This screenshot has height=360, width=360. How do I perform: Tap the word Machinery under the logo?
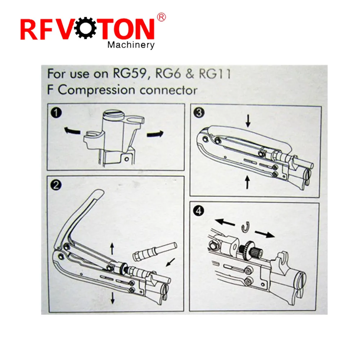coord(131,45)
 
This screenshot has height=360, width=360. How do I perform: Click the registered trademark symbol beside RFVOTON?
coord(161,17)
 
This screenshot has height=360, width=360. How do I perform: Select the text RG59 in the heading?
coord(130,74)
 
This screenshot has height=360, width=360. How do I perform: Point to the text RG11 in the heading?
coord(215,74)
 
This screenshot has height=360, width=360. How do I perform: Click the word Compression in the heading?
coord(96,90)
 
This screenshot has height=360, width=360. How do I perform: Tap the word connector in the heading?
coord(168,90)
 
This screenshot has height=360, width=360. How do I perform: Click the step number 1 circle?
coord(56,113)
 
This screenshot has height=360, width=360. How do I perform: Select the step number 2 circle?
coord(56,185)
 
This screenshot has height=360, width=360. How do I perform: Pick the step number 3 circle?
coord(199,112)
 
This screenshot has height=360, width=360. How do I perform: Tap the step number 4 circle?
coord(199,211)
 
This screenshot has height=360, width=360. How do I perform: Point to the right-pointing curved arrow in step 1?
coord(155,134)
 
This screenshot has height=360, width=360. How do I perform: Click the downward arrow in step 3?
coord(248,121)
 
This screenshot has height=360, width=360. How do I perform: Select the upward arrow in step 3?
coord(247,182)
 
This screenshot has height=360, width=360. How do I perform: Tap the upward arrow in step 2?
coord(112,249)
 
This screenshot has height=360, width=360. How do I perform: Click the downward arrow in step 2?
coord(112,298)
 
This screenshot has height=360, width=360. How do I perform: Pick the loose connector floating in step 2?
coord(155,252)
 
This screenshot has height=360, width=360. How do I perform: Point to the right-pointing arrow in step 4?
coord(265,234)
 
